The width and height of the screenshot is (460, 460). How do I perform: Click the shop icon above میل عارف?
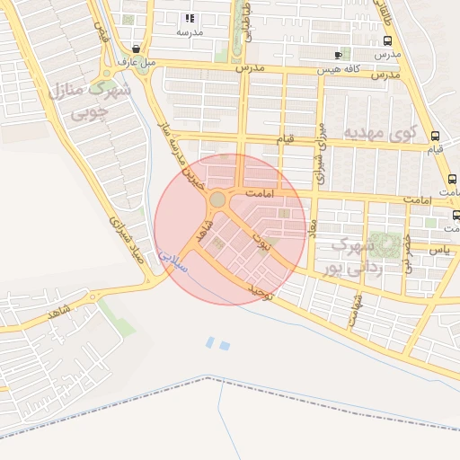pos(135,49)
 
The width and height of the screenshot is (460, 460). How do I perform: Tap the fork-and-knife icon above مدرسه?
pos(189,18)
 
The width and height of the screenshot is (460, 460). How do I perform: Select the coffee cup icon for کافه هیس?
pos(338,55)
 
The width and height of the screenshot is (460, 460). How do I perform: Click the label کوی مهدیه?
pos(381,133)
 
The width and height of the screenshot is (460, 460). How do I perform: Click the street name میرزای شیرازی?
pos(319,148)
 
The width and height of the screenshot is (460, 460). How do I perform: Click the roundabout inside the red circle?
pos(217,199)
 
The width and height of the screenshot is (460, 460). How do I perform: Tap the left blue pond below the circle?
pos(210,342)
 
